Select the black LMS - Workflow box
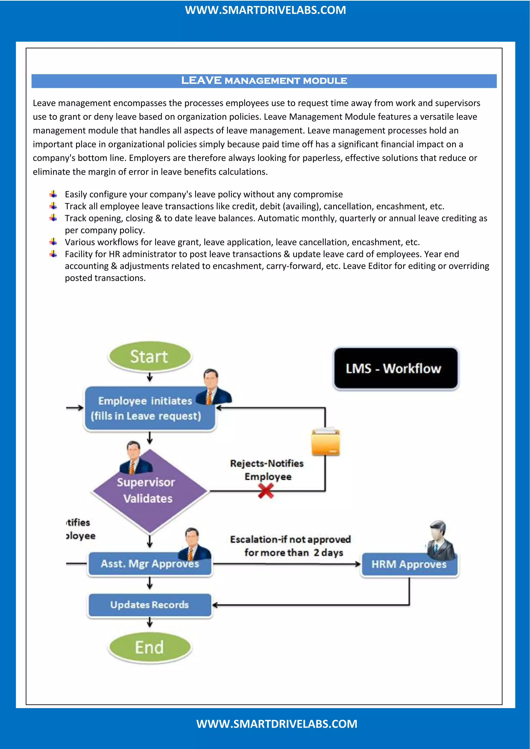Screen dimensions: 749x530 pos(395,368)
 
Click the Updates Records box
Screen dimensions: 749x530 pos(150,605)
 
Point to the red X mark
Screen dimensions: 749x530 pos(266,491)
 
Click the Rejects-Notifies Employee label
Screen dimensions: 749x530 pos(267,470)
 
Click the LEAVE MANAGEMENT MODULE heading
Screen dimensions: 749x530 pos(264,81)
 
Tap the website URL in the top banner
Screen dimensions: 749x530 pos(265,10)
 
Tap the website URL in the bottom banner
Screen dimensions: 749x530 pos(276,724)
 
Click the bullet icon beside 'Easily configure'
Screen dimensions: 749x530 pos(54,194)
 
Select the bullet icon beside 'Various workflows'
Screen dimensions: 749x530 pos(54,242)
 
